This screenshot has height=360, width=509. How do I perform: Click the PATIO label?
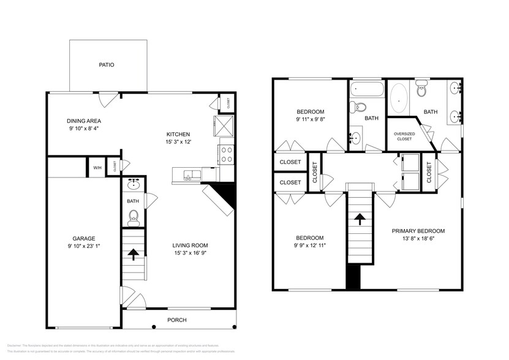[107, 65]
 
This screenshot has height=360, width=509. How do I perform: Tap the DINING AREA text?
[84, 121]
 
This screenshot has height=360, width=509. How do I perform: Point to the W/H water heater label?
[97, 167]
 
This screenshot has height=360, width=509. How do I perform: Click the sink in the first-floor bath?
[134, 185]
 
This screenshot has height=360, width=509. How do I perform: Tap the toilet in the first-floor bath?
[134, 216]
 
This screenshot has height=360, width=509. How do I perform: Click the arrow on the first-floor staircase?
[133, 254]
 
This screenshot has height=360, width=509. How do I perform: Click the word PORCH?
[176, 320]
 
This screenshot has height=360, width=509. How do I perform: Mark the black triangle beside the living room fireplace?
[227, 195]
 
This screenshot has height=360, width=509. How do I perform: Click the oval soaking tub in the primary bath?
[399, 97]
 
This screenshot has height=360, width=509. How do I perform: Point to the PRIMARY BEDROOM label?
[418, 231]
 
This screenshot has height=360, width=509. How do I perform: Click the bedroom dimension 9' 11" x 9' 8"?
[311, 119]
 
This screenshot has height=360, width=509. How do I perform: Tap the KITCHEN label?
[179, 134]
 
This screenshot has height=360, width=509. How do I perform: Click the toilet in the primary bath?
[421, 91]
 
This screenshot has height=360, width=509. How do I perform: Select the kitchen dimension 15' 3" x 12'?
[179, 142]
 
